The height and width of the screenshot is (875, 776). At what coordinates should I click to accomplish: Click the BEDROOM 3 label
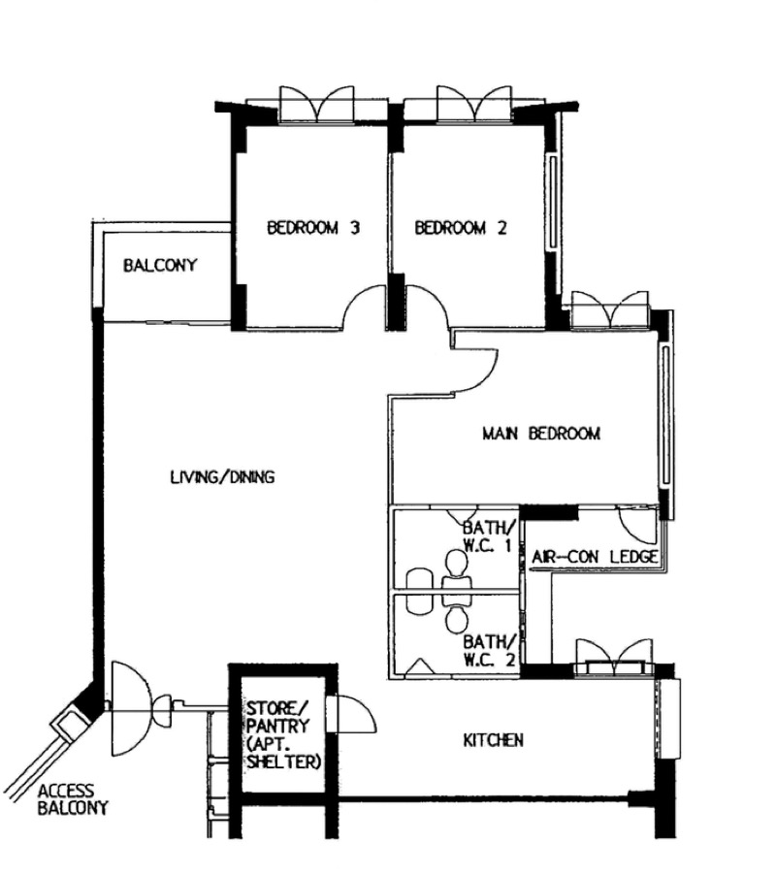click(x=313, y=228)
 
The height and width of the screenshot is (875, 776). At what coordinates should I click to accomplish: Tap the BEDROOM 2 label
click(x=461, y=228)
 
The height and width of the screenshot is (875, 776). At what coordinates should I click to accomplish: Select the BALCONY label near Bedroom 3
click(x=160, y=265)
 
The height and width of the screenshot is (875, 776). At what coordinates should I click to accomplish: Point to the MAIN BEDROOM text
click(x=541, y=433)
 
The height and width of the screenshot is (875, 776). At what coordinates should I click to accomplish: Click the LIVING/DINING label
click(x=222, y=476)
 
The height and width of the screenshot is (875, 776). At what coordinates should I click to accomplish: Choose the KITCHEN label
click(x=493, y=740)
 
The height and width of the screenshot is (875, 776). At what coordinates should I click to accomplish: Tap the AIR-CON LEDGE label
click(x=595, y=557)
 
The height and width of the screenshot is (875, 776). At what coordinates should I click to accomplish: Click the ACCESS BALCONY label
click(x=73, y=799)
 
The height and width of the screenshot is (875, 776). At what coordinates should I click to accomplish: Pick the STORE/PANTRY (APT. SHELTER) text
click(x=284, y=735)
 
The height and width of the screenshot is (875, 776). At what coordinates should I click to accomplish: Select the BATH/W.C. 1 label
click(x=488, y=535)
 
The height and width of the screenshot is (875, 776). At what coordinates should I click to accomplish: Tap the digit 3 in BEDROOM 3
click(x=354, y=228)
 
